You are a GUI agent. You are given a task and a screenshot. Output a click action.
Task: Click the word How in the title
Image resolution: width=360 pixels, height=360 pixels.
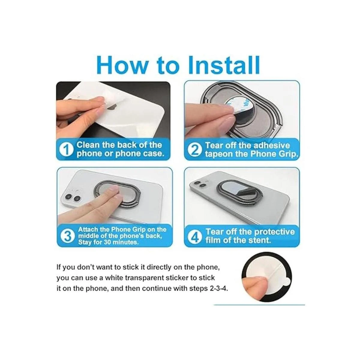122,65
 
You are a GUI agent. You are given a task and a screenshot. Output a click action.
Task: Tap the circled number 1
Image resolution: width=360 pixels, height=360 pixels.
66,149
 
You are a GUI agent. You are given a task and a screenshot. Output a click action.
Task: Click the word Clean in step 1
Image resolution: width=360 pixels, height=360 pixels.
89,145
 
